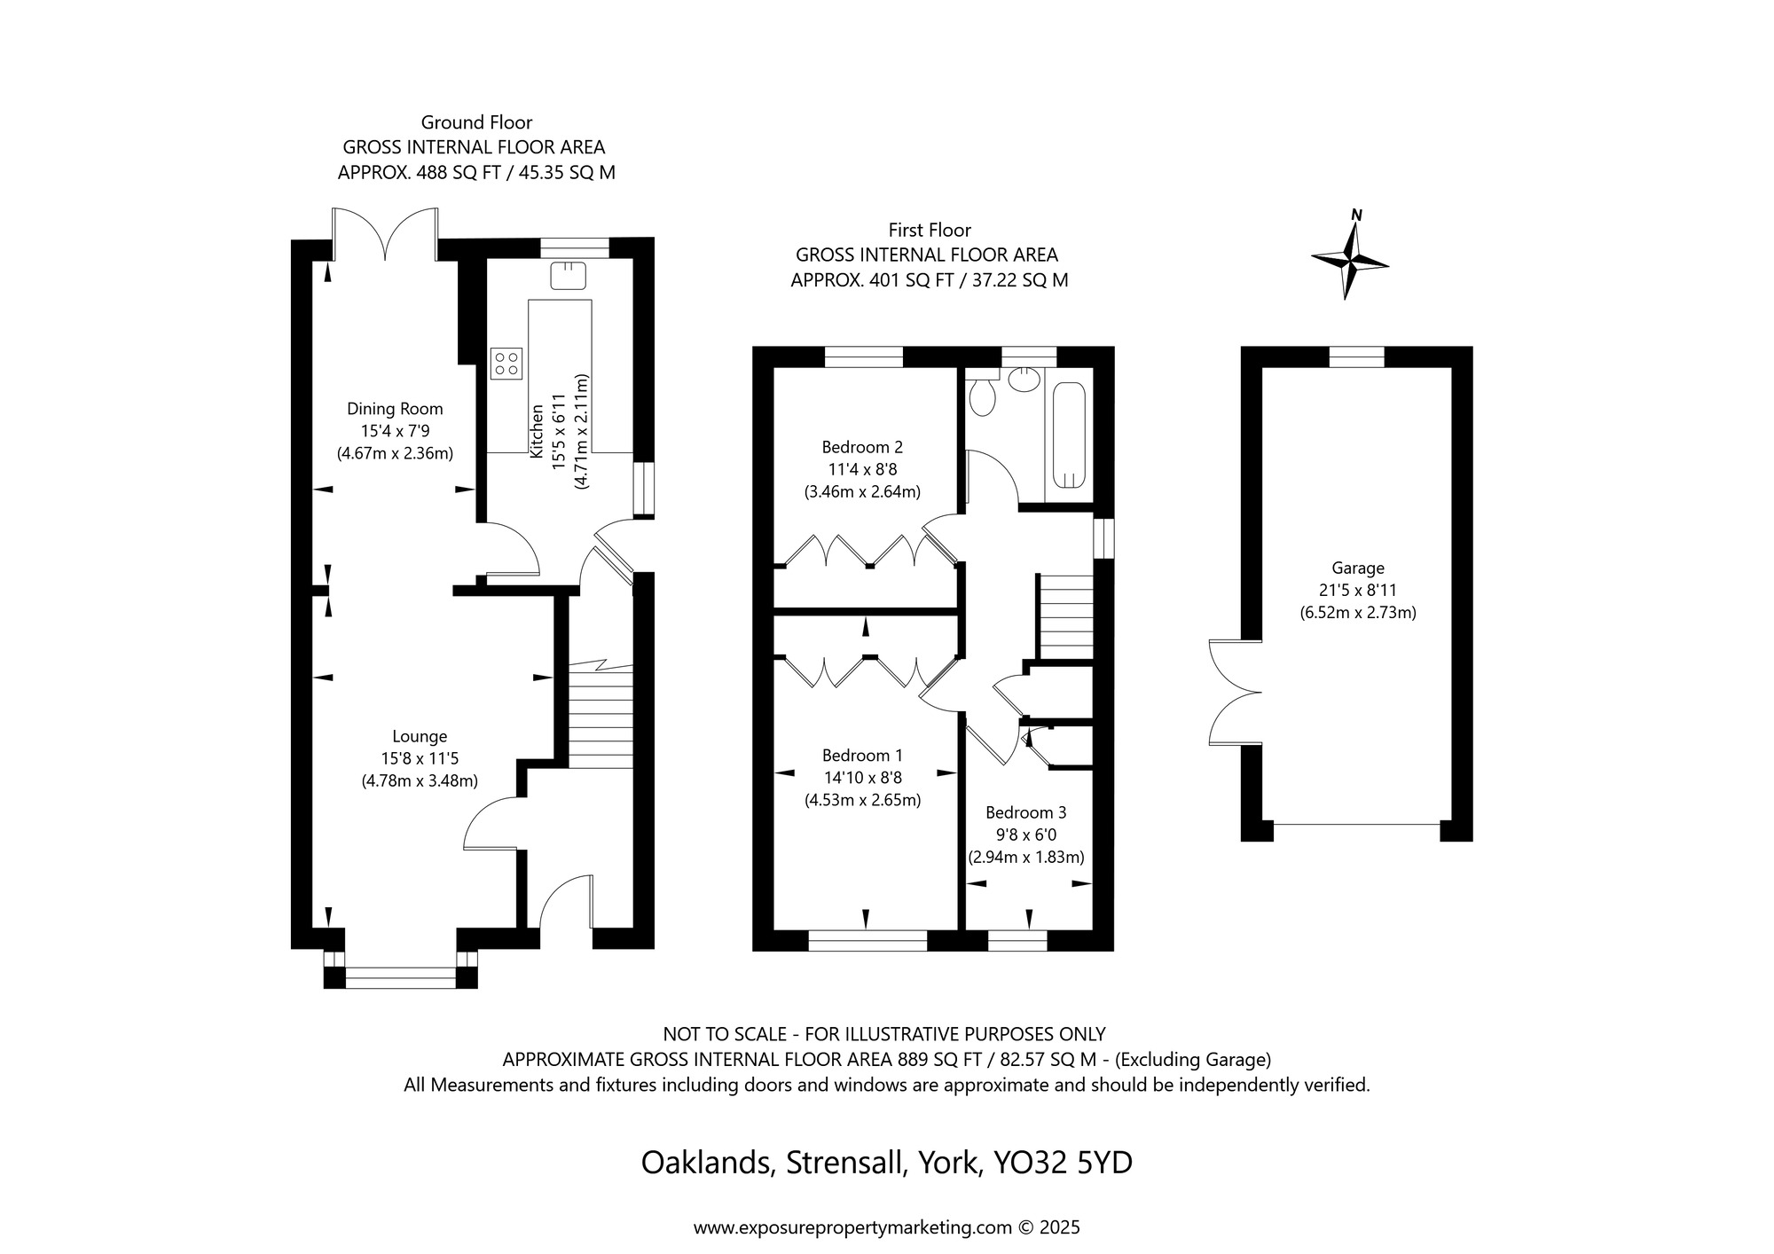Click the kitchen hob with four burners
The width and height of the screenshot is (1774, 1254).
pos(506,363)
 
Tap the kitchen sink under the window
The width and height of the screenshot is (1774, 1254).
pos(568,275)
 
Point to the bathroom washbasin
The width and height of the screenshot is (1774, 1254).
pos(1024,379)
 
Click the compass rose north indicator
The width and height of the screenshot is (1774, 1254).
pos(1350,260)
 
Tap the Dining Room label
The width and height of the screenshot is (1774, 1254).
pos(395,409)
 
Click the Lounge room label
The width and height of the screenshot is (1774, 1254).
pos(420,736)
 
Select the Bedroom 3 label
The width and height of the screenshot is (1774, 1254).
pos(1025,812)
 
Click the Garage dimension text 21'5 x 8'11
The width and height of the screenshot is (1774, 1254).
pos(1357,590)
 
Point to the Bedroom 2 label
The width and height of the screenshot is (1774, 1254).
pos(862,447)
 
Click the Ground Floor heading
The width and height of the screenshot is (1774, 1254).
pos(476,122)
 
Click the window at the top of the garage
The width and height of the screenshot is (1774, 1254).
pos(1356,357)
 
